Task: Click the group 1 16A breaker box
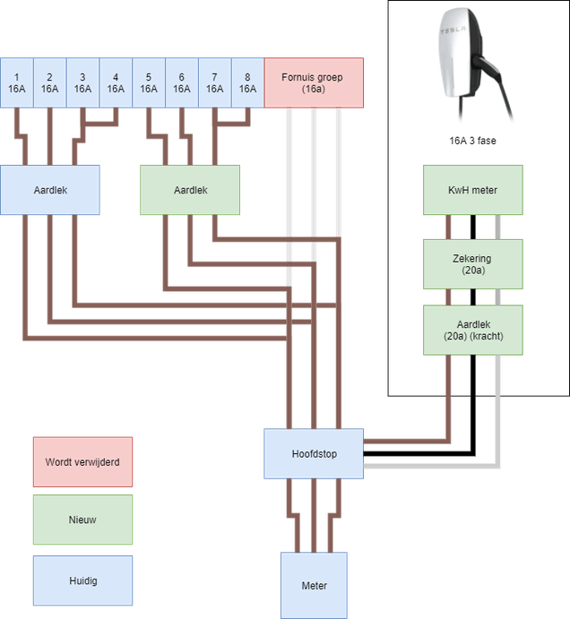pos(16,82)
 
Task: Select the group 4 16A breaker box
pos(116,82)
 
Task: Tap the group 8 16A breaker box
pos(247,82)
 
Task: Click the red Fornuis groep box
pos(314,82)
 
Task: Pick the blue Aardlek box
pos(50,190)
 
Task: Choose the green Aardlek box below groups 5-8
pos(190,190)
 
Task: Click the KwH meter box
pos(472,190)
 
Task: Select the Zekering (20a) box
pos(472,263)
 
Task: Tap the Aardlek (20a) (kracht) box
pos(472,330)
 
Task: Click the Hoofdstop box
pos(313,453)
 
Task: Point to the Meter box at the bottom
pos(314,585)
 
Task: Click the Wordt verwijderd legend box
pos(82,463)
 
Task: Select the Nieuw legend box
pos(82,519)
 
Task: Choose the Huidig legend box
pos(82,580)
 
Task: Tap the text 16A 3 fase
pos(473,141)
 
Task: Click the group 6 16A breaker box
pos(182,82)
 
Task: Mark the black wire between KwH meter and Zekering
pos(472,227)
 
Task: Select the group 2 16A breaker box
pos(49,82)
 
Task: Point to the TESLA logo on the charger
pos(453,31)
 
